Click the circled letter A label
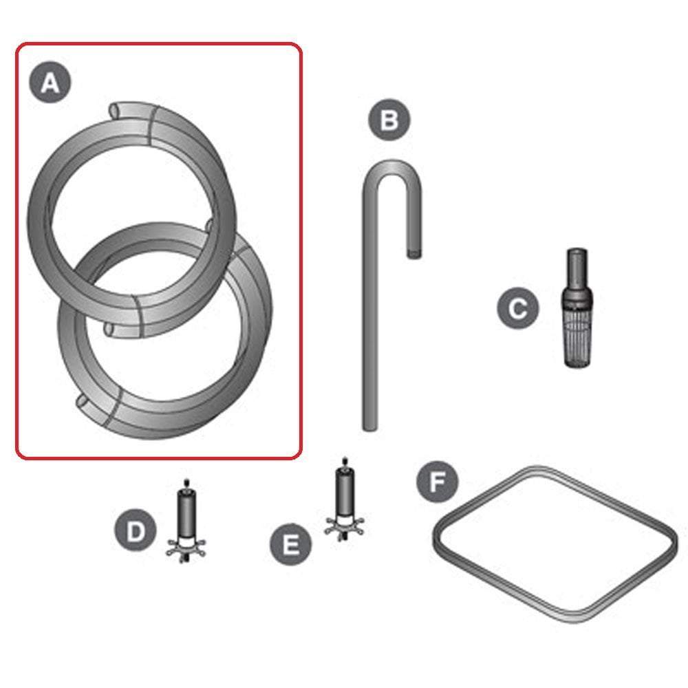pyautogui.click(x=50, y=83)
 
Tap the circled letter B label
pyautogui.click(x=389, y=120)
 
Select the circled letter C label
pyautogui.click(x=518, y=308)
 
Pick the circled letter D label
pyautogui.click(x=136, y=530)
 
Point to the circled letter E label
pyautogui.click(x=290, y=544)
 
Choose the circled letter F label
pyautogui.click(x=438, y=482)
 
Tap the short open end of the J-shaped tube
pyautogui.click(x=413, y=254)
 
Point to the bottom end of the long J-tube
pyautogui.click(x=369, y=427)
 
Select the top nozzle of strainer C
pyautogui.click(x=577, y=267)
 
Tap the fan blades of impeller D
pyautogui.click(x=186, y=548)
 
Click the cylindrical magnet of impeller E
pyautogui.click(x=345, y=492)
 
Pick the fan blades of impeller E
pyautogui.click(x=345, y=526)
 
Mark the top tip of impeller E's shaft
pyautogui.click(x=345, y=458)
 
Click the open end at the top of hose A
pyautogui.click(x=115, y=111)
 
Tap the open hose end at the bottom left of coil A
pyautogui.click(x=83, y=402)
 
